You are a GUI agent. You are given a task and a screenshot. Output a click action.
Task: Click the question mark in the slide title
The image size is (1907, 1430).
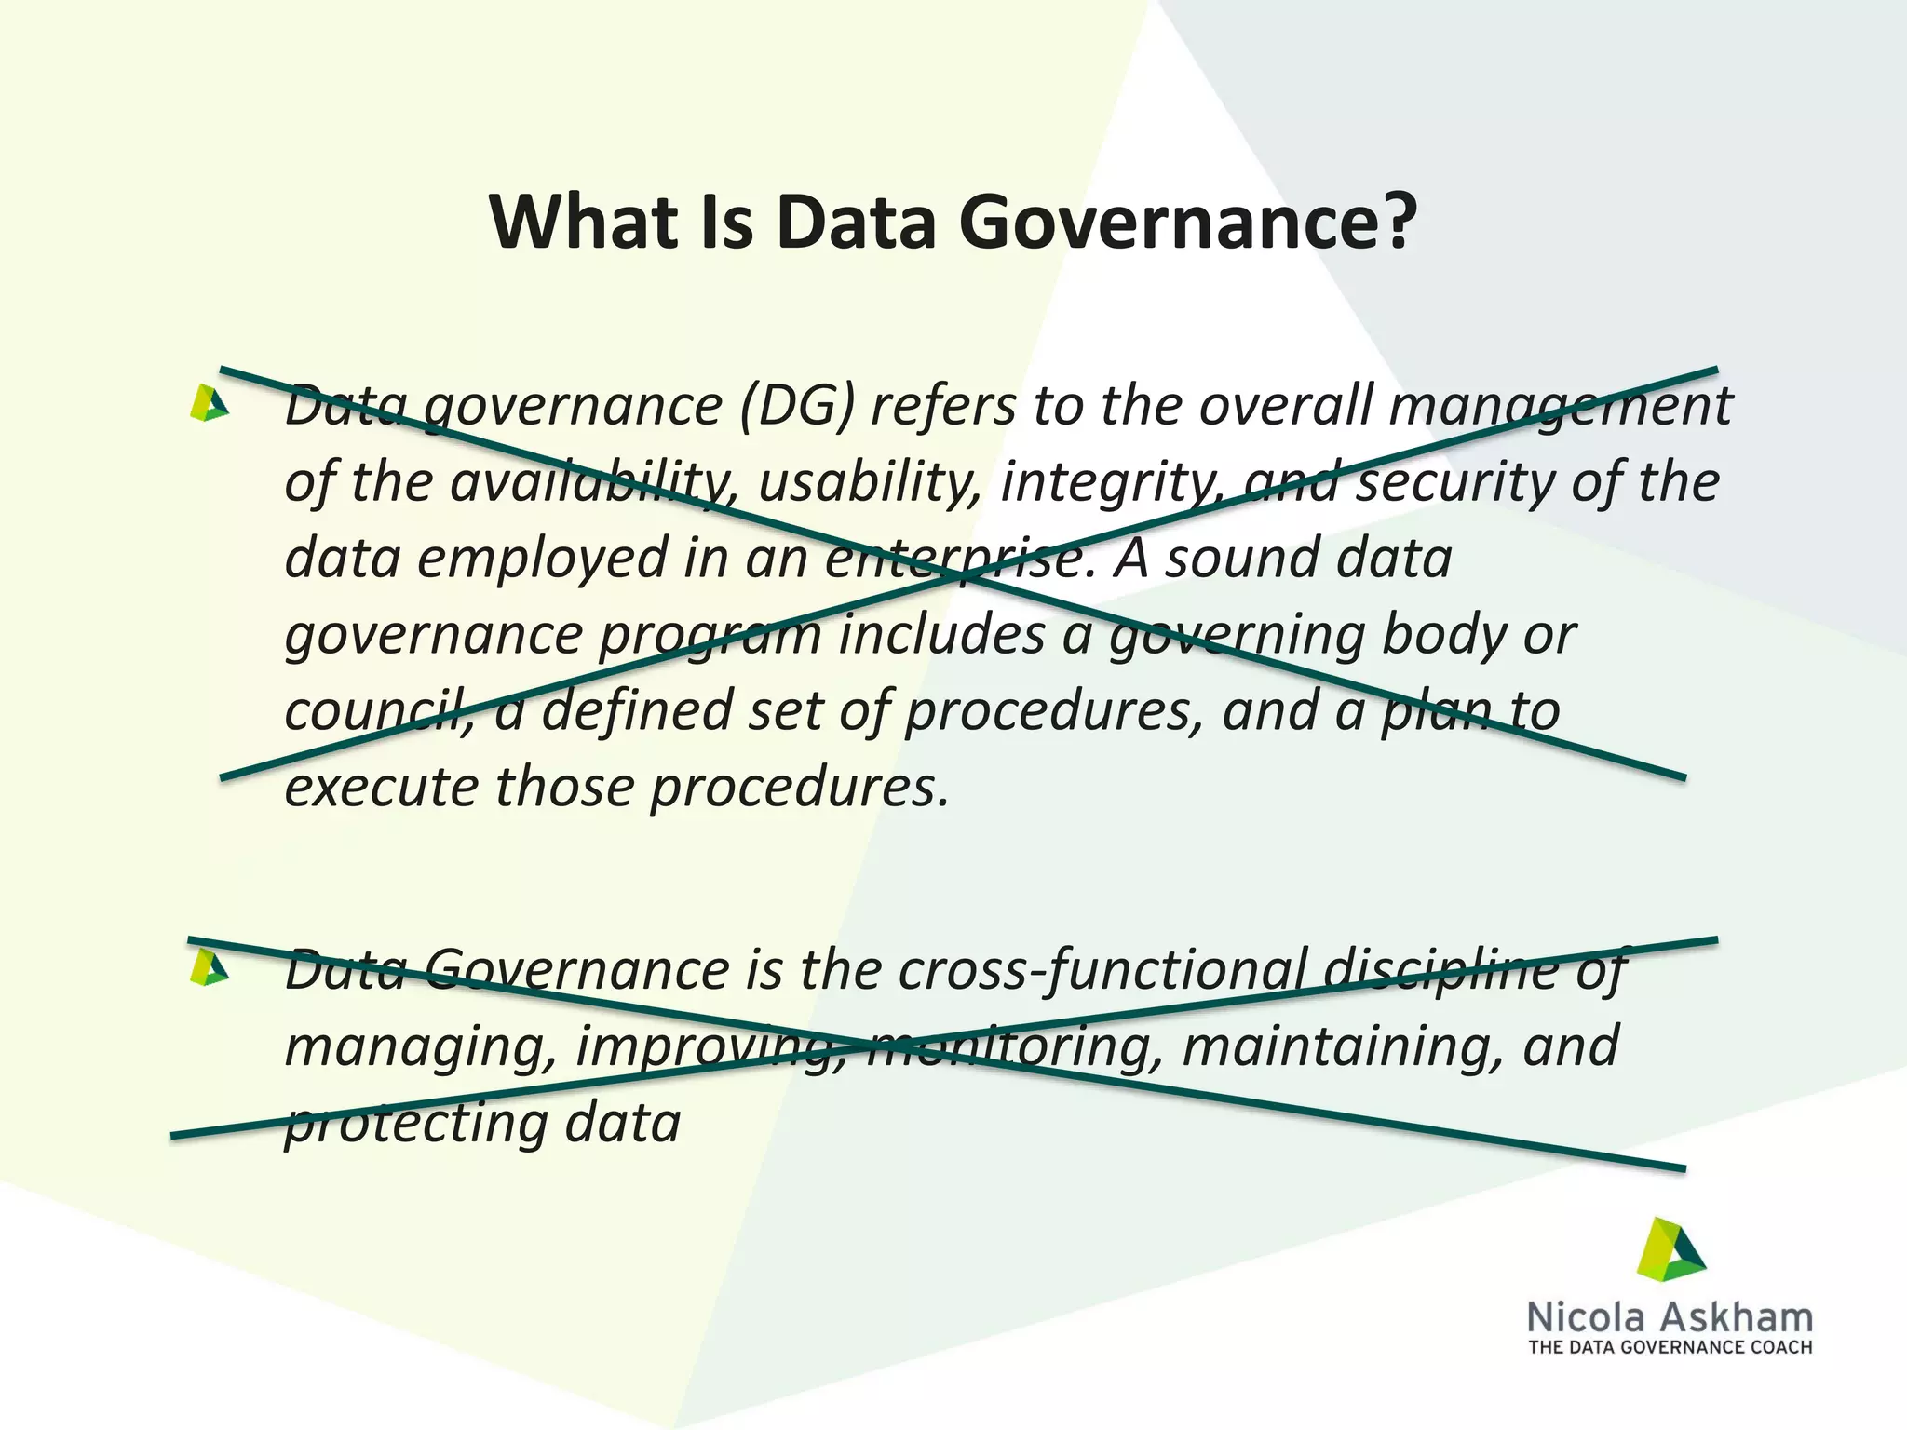(1394, 223)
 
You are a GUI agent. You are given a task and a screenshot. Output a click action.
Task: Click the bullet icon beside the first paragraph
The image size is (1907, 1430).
(209, 404)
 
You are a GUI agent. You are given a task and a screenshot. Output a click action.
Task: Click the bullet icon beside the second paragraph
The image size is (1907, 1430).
(209, 968)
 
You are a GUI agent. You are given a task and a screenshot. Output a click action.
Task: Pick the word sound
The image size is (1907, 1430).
(1239, 559)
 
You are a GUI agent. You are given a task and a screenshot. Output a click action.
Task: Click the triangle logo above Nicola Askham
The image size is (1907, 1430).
(1671, 1250)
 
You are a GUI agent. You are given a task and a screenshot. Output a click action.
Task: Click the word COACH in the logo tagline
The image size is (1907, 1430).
(1779, 1347)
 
